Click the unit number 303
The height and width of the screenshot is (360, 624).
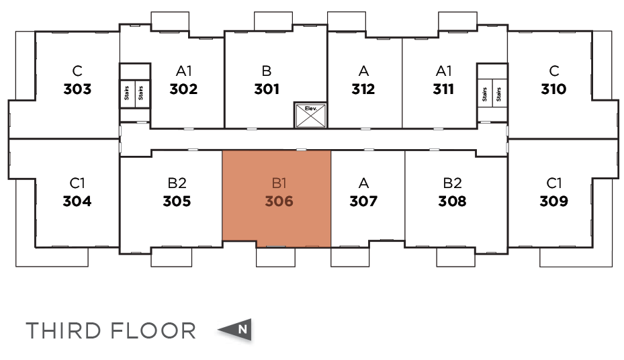click(x=77, y=89)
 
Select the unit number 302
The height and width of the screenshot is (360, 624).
click(x=183, y=89)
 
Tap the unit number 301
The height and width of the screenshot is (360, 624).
click(x=267, y=89)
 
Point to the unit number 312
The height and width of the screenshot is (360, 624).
click(x=363, y=89)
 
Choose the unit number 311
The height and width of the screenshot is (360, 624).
click(x=443, y=89)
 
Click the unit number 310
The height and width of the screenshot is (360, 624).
click(x=553, y=89)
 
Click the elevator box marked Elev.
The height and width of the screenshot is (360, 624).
click(x=310, y=116)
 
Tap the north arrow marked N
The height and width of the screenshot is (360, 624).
click(x=236, y=330)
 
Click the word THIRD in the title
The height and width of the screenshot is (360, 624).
click(x=63, y=330)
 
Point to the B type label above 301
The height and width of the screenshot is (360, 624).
click(x=267, y=71)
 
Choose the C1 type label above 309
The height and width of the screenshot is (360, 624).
click(x=553, y=183)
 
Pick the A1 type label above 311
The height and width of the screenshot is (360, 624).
click(x=443, y=71)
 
